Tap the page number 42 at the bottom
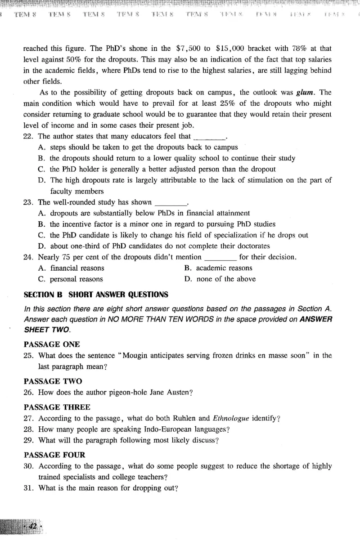33,526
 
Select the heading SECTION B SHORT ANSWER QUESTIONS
96,295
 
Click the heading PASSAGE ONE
52,344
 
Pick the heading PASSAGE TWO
53,381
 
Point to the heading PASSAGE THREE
57,407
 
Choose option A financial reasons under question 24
76,268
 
